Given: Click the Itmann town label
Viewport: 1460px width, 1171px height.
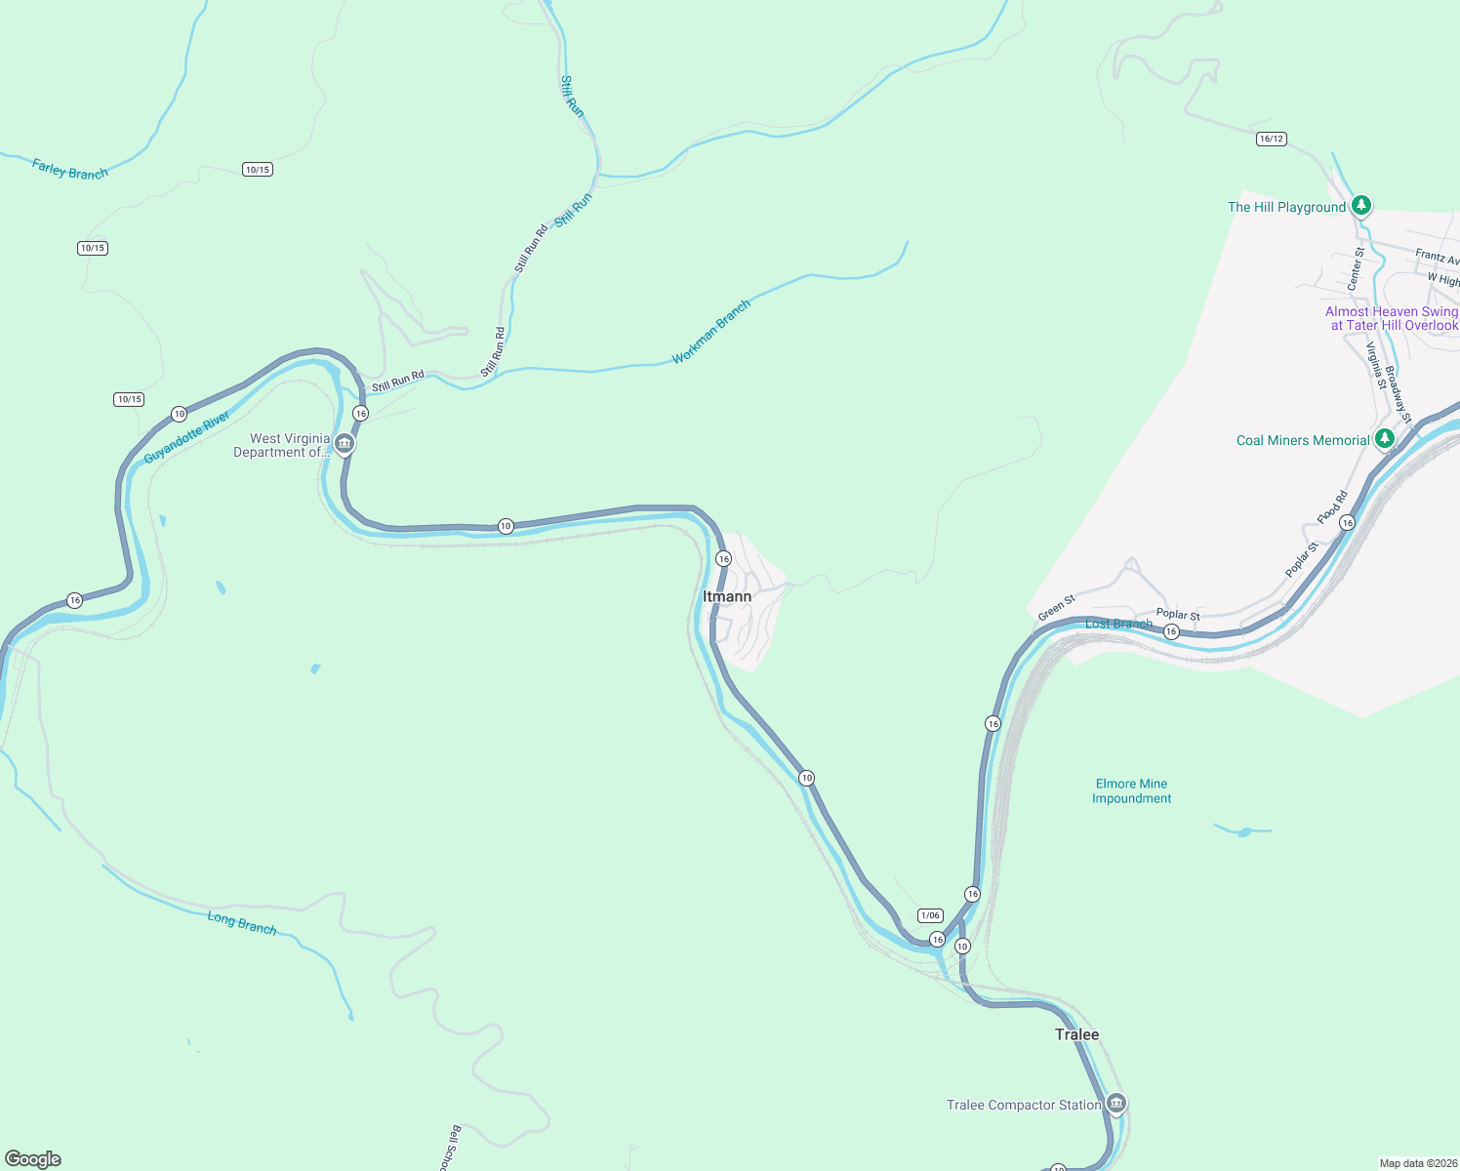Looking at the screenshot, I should [727, 596].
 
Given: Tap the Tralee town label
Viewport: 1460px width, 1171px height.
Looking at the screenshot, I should [1076, 1034].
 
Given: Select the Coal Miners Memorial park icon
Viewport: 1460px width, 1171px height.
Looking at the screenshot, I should [1384, 439].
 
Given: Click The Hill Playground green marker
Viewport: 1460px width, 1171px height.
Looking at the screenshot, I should [1361, 205].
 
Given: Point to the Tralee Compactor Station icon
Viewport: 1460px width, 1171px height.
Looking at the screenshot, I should [1116, 1104].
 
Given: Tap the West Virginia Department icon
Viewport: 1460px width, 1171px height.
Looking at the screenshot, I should [344, 444].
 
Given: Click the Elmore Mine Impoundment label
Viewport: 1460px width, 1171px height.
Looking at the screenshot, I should [1131, 791].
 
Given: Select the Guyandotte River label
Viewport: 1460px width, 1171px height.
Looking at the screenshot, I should [187, 437].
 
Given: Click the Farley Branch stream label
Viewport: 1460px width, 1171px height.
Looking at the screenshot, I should [69, 169].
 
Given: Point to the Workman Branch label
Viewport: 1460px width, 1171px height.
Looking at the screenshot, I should [711, 332].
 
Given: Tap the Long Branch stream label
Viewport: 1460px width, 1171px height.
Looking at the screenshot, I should [241, 922].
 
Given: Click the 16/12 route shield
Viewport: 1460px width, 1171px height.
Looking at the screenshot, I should [1271, 139].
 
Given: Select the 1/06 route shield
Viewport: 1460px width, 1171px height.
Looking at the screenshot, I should [930, 915].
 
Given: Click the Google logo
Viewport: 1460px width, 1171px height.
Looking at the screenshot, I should [33, 1158].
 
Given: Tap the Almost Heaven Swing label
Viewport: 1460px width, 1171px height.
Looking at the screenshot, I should [1391, 318].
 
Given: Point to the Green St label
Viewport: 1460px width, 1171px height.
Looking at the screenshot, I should [1056, 608].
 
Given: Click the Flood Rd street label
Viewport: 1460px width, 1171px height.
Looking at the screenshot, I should [1332, 507].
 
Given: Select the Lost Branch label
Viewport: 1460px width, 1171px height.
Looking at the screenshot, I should [1118, 624].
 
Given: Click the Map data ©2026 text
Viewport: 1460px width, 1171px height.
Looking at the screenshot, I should [1418, 1163].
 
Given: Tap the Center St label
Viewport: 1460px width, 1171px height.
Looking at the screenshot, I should [1356, 268].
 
